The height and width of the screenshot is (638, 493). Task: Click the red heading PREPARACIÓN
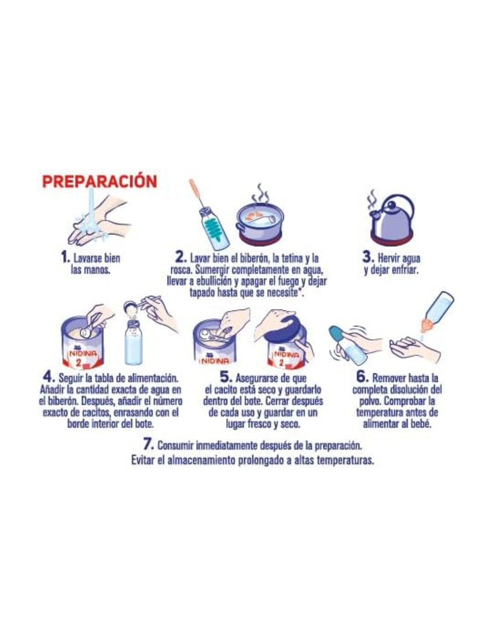click(x=99, y=182)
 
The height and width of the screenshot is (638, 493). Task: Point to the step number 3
click(x=367, y=257)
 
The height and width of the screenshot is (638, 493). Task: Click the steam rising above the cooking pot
click(x=260, y=193)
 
